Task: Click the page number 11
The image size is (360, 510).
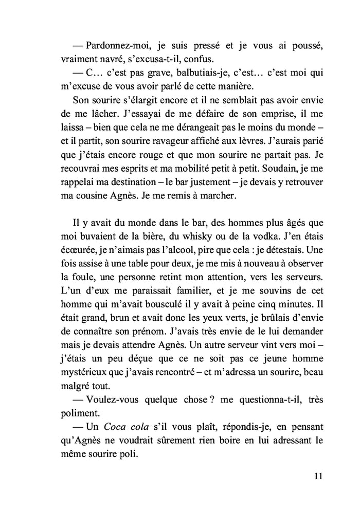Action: pos(317,476)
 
